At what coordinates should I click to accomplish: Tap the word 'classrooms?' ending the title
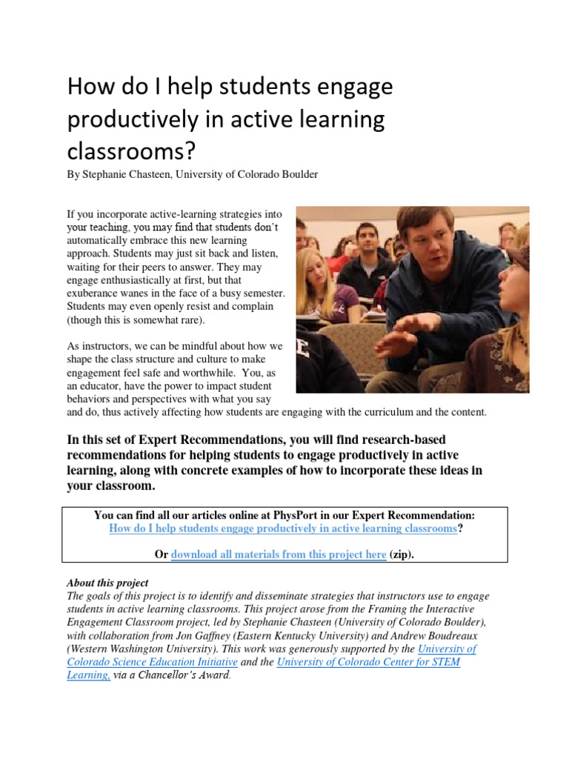(132, 152)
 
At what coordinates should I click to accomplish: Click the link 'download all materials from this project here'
(279, 554)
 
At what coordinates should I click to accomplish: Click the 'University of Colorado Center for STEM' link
(368, 662)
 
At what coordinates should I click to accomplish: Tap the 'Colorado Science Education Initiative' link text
(153, 662)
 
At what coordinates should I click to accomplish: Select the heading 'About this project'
(107, 583)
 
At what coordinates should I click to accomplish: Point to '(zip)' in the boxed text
(402, 554)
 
